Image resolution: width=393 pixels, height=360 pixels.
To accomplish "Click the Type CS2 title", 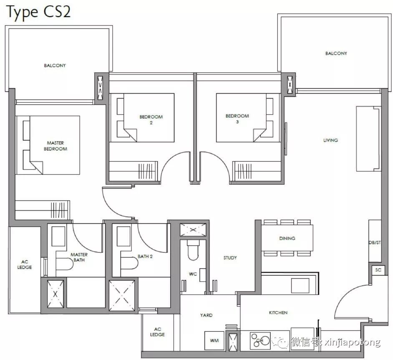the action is coord(38,12).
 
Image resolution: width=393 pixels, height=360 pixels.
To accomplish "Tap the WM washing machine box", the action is coord(214,340).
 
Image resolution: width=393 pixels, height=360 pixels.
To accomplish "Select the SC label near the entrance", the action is coord(378,270).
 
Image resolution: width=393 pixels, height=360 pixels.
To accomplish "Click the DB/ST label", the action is coord(375,243).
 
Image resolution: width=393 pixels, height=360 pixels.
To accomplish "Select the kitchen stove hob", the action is coord(260,340).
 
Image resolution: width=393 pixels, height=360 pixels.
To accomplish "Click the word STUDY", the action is coord(230,258).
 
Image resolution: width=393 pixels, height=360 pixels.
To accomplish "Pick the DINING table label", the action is coord(287,238).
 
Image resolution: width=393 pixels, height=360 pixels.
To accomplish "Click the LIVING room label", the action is coord(330,140).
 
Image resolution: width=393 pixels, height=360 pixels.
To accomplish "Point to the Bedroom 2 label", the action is coord(151,120).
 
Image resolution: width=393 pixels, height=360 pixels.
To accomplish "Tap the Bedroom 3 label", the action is coord(237,119).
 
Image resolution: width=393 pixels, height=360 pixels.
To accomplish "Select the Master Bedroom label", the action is coord(55,146).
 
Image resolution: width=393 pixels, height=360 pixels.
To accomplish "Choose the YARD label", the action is coord(206,315).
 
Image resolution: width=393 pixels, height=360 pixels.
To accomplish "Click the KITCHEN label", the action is coord(278,312).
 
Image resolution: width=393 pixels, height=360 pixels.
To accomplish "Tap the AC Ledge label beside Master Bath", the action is coord(25,265).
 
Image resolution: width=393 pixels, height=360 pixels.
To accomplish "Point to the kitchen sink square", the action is coord(300,286).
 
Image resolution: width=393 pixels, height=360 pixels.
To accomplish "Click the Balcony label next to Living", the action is coord(336,53).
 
